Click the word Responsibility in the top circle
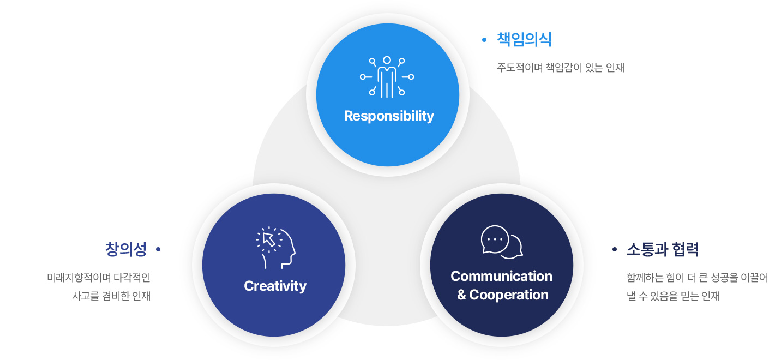[x=389, y=116]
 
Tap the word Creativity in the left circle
[x=275, y=286]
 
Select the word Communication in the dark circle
[x=501, y=276]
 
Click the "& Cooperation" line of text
[x=503, y=295]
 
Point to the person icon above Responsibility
[x=387, y=77]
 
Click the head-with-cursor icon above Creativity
[x=275, y=248]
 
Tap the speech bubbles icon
[x=502, y=242]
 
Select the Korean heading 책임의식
[x=524, y=39]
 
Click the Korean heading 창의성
[x=126, y=249]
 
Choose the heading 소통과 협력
[x=663, y=249]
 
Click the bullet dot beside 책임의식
[x=484, y=40]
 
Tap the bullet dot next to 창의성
[x=158, y=249]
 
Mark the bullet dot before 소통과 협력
[x=615, y=249]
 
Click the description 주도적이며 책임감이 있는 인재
[x=561, y=67]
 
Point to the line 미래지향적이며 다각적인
[x=99, y=277]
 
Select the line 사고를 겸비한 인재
[x=111, y=296]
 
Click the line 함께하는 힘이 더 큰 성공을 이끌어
[x=697, y=277]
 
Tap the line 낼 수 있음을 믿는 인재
[x=673, y=296]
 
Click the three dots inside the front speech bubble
[x=495, y=239]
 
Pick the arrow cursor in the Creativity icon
[x=269, y=239]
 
